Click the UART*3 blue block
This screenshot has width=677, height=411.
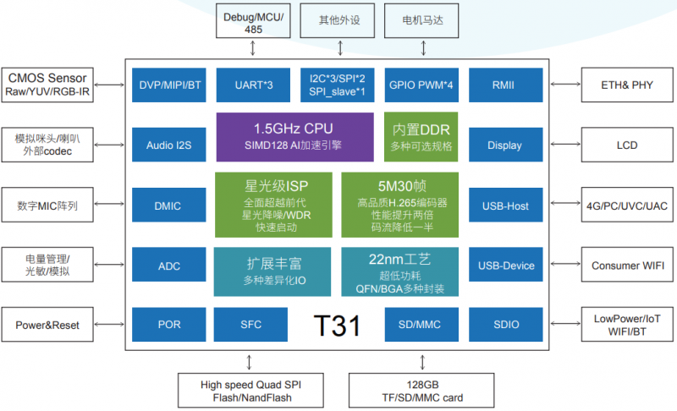[x=253, y=85]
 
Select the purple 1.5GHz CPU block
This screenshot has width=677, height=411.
[x=294, y=137]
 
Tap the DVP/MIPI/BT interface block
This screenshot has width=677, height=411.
[x=168, y=85]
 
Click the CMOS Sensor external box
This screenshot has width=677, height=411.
[x=47, y=85]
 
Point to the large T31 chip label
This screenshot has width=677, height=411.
[x=337, y=326]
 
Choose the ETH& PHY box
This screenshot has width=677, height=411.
[x=627, y=85]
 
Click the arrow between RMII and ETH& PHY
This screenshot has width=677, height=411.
[x=565, y=84]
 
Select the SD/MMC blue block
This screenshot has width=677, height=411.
[x=421, y=324]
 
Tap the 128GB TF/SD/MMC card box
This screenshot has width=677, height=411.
[x=421, y=391]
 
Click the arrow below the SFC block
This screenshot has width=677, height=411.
[x=249, y=362]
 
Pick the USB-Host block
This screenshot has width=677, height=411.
[x=505, y=205]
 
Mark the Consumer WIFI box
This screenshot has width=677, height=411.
[x=627, y=265]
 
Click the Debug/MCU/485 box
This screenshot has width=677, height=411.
[x=253, y=20]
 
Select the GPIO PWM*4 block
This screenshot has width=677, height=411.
[x=421, y=85]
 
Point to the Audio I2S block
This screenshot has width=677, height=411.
[x=168, y=145]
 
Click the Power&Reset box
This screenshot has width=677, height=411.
[x=47, y=324]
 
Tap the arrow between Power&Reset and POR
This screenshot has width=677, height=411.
[x=109, y=324]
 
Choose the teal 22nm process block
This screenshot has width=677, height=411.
[x=399, y=271]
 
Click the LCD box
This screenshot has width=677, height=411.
[x=627, y=145]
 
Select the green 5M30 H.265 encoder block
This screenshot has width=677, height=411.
[x=399, y=205]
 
